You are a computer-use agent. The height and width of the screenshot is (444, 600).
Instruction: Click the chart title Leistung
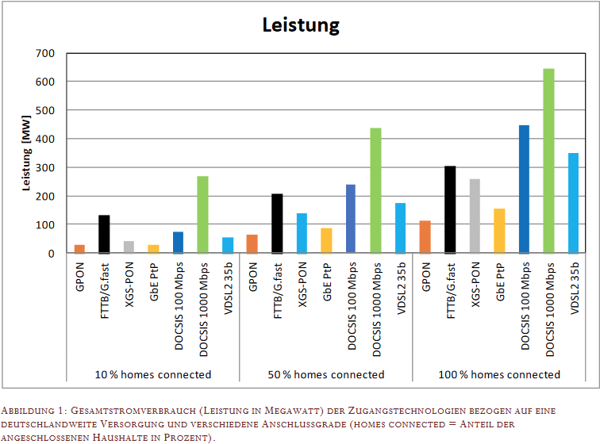[x=301, y=25]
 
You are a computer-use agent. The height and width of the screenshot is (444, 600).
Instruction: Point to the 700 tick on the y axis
[x=44, y=53]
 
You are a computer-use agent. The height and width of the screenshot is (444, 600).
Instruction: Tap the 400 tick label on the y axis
[x=44, y=139]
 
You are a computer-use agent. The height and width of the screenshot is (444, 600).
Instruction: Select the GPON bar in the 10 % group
[x=79, y=249]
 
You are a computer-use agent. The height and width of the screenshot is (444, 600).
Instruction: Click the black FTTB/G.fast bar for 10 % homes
[x=104, y=235]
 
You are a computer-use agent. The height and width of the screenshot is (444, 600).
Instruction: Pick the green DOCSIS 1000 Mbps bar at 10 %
[x=202, y=215]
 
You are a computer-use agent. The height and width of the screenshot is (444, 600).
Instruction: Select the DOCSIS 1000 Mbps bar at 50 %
[x=375, y=191]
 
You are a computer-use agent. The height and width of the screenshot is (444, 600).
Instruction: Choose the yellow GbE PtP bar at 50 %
[x=326, y=241]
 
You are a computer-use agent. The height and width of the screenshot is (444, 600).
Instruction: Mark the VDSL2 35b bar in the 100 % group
[x=573, y=203]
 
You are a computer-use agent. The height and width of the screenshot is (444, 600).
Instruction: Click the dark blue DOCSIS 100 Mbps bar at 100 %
[x=524, y=189]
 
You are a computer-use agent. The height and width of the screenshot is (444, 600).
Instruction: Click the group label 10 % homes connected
[x=153, y=374]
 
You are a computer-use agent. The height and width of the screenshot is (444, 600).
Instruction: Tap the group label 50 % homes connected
[x=326, y=374]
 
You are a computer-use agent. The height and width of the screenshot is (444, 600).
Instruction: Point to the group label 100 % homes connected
[x=499, y=374]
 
